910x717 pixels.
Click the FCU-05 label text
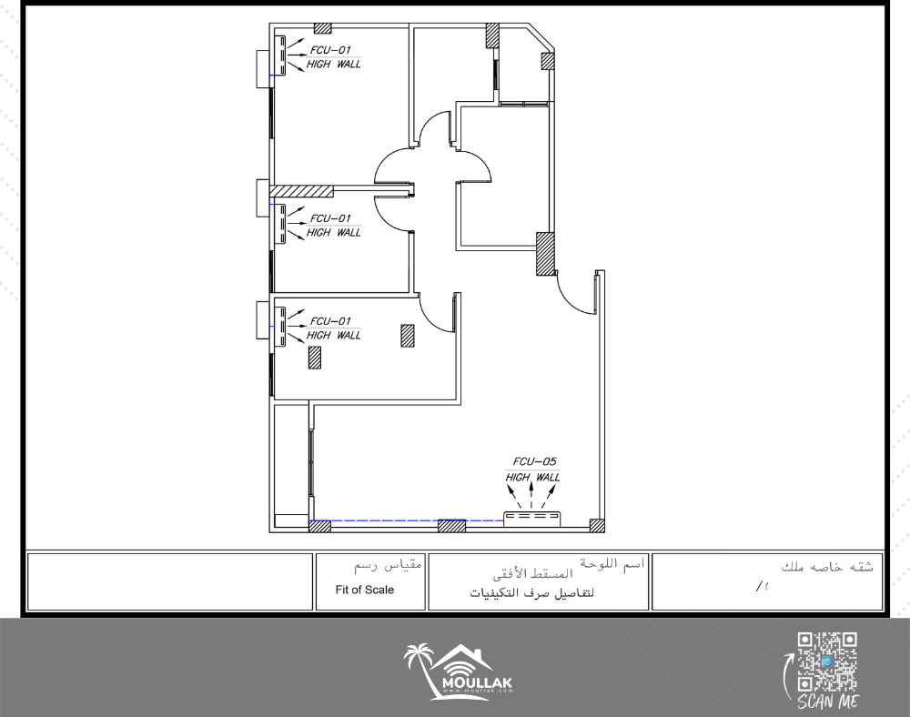point(534,461)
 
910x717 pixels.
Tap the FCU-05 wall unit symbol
point(532,518)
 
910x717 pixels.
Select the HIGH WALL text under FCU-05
point(532,478)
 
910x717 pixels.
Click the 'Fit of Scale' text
point(365,590)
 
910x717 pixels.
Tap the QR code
point(827,661)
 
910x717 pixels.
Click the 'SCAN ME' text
point(828,702)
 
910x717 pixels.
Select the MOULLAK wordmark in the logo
point(477,682)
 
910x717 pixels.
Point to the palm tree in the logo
point(419,667)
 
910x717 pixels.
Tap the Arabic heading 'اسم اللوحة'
point(612,564)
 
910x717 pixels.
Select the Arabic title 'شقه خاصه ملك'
point(827,568)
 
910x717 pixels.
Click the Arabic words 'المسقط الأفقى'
point(532,574)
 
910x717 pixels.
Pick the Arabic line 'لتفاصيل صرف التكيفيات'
point(531,593)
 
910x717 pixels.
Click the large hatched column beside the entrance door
point(545,254)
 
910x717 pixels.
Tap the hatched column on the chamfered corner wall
point(548,61)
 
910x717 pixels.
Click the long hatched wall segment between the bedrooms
point(302,191)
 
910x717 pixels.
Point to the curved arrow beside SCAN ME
point(786,676)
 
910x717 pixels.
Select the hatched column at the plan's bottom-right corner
point(597,526)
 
